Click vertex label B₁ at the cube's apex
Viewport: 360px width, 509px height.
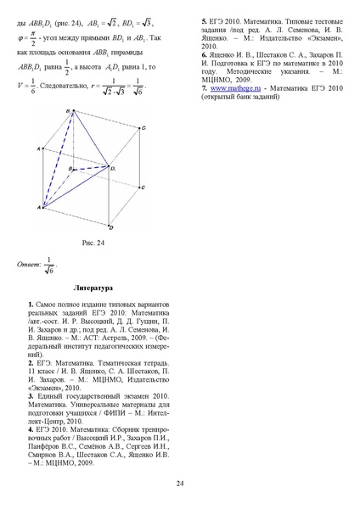click(x=67, y=110)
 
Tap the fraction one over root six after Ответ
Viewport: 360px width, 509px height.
click(x=50, y=265)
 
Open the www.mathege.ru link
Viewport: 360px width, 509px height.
click(x=233, y=88)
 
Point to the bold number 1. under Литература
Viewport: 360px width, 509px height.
click(x=31, y=303)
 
